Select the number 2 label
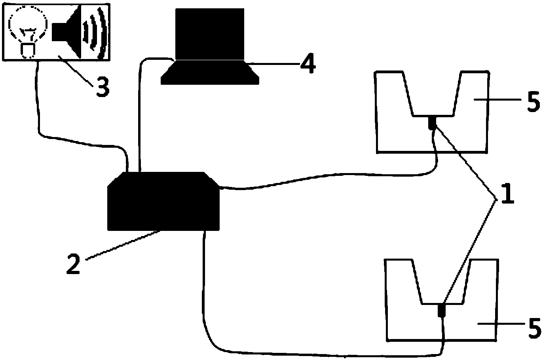(74, 264)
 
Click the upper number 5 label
(533, 101)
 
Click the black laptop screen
(210, 34)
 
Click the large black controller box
(163, 201)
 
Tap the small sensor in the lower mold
(442, 310)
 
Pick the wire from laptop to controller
(140, 119)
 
